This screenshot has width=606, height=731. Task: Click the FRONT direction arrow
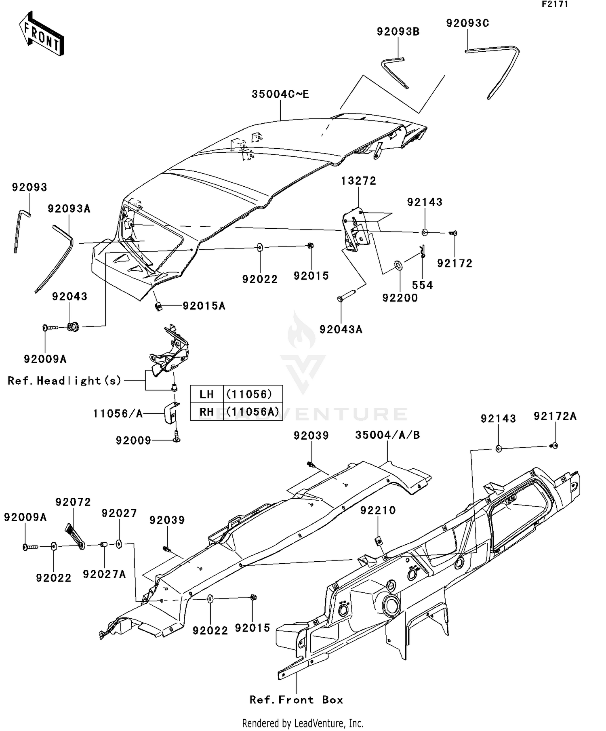click(42, 34)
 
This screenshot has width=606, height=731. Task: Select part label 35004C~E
click(280, 94)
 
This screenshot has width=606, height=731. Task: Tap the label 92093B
click(398, 32)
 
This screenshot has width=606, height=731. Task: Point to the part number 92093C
click(467, 23)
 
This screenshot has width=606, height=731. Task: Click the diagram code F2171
click(555, 4)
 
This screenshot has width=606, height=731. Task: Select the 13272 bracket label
click(358, 181)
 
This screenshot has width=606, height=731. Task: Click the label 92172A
click(555, 416)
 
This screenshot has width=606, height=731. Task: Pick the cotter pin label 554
click(422, 285)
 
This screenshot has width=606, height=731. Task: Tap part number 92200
click(400, 298)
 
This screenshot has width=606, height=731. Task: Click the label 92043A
click(341, 329)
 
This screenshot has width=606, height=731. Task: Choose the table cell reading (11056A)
click(253, 411)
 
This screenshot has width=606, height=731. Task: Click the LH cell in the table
click(206, 394)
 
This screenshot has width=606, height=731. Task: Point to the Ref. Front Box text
click(296, 700)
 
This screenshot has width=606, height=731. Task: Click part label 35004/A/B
click(387, 435)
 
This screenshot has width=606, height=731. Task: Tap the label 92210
click(378, 510)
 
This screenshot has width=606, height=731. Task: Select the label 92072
click(73, 502)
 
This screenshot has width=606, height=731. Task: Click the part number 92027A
click(104, 574)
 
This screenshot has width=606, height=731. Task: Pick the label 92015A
click(204, 306)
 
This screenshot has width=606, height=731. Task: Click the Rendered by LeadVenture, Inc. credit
click(303, 723)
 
